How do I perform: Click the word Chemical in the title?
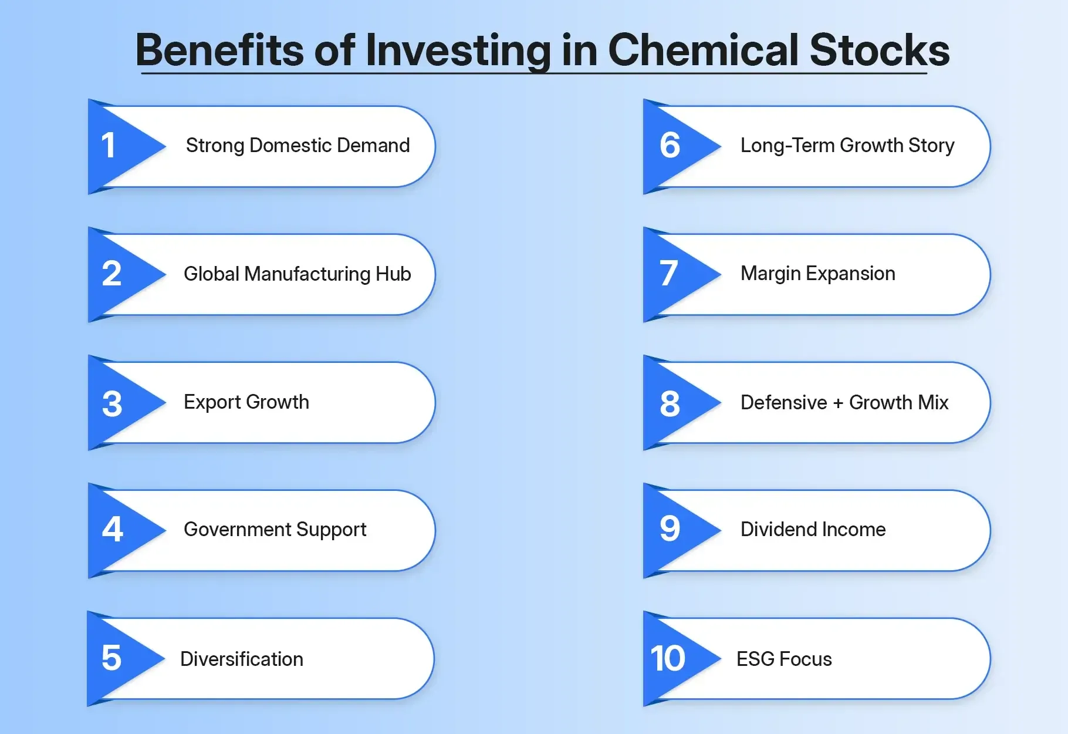point(703,50)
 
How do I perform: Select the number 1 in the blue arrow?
point(109,146)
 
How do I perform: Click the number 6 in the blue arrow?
point(670,146)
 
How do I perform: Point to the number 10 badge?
point(668,658)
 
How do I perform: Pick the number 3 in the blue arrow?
point(112,404)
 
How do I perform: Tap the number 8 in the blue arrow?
point(670,404)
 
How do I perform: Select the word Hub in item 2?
point(393,274)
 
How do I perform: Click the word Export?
point(212,402)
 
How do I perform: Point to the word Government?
point(237,530)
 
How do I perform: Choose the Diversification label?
point(242,659)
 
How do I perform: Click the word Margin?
point(770,274)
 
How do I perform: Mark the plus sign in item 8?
point(838,403)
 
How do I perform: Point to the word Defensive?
point(783,403)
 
